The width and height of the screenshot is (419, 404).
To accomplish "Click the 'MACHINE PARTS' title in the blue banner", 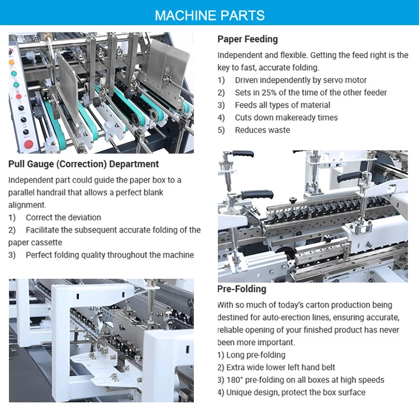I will coord(209,15).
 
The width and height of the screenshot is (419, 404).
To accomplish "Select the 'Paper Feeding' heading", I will coord(247,39).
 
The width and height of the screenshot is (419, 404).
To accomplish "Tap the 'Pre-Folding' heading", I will coord(242,289).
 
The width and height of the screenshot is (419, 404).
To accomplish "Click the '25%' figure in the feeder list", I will coord(270,93).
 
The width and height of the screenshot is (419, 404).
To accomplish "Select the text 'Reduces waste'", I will coord(263,130).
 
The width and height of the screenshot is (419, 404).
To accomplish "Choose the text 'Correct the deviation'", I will coord(63,217).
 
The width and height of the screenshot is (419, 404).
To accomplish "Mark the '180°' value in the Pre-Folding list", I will coord(237,380).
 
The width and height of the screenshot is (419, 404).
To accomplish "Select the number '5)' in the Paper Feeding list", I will coord(221,130).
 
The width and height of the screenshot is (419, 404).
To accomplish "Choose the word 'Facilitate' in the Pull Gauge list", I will coord(44,230).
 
